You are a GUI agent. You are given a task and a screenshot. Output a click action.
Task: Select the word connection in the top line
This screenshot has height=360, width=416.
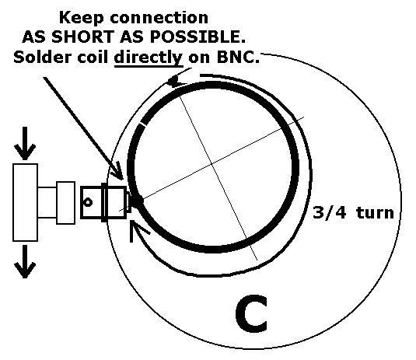click(159, 18)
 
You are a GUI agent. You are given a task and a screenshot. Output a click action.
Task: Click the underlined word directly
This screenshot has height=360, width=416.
click(149, 58)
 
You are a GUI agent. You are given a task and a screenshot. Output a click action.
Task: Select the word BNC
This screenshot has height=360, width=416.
click(238, 57)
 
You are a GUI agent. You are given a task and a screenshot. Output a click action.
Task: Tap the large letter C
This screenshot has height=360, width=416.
click(251, 313)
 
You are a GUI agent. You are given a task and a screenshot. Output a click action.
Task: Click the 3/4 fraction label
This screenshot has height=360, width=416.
click(329, 212)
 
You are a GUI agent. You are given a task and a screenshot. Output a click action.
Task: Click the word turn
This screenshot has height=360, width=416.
click(375, 213)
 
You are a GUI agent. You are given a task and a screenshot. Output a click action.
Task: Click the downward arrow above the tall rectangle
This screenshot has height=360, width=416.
click(25, 143)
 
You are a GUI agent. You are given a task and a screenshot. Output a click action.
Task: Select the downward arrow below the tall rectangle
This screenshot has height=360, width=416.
click(25, 261)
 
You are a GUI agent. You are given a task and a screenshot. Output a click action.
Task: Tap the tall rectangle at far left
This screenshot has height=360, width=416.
click(25, 202)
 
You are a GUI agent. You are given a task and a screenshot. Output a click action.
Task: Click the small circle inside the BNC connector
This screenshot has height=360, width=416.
click(88, 202)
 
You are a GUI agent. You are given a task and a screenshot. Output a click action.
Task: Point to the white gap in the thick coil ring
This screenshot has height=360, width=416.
click(143, 124)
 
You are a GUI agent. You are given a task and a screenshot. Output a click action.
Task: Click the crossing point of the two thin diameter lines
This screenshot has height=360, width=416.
click(211, 164)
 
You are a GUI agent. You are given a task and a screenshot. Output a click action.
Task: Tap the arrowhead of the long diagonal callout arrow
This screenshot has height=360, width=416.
click(117, 172)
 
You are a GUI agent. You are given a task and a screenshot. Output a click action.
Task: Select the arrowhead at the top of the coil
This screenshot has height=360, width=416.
click(177, 81)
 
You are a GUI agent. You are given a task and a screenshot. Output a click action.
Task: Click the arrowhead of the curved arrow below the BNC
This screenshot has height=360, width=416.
click(137, 229)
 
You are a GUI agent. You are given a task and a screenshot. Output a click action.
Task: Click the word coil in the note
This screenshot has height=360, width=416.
click(93, 57)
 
